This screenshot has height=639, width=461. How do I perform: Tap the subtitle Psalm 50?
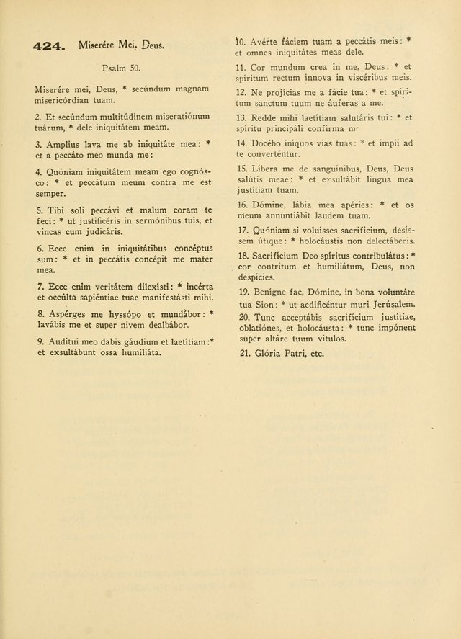tap(120, 68)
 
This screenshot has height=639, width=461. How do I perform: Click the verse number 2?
tap(37, 116)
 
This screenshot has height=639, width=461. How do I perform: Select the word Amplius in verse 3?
tap(64, 144)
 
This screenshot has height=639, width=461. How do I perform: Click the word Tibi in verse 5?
tap(55, 210)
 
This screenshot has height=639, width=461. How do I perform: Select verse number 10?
tap(241, 42)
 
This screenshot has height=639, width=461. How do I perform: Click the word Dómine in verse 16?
tap(270, 205)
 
